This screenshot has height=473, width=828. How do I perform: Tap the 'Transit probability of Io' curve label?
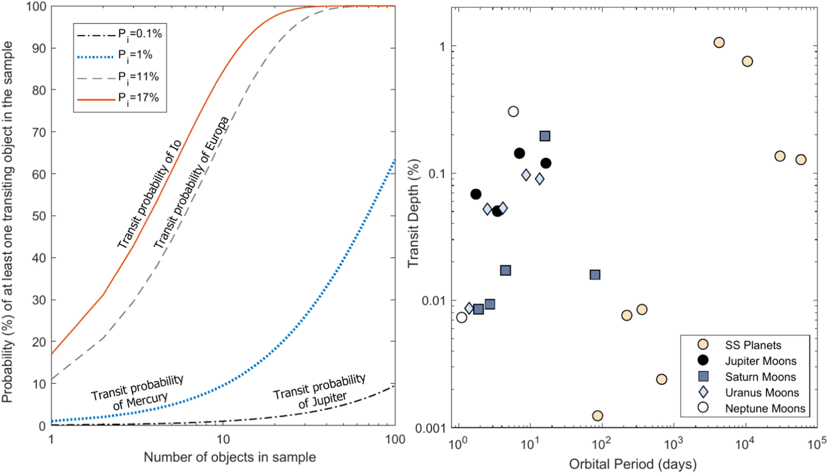150,195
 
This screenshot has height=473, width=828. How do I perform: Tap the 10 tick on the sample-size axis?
223,439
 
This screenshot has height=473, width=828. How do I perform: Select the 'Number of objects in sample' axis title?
230,457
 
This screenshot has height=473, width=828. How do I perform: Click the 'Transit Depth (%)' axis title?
414,214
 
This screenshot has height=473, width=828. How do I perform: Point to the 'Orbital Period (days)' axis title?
633,464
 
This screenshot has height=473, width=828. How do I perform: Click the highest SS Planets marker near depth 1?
719,42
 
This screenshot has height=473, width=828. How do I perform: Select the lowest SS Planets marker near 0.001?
598,416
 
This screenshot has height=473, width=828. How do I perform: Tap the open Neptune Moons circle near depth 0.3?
513,112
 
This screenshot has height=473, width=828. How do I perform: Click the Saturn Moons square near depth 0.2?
545,136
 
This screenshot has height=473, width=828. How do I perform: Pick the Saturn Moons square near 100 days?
595,275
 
